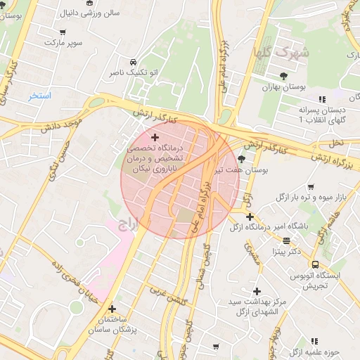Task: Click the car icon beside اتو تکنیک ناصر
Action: click(134, 62)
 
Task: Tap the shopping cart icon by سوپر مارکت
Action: click(63, 32)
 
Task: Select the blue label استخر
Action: click(40, 95)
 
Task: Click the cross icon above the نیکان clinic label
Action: click(155, 136)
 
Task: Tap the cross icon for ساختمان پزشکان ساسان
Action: click(112, 308)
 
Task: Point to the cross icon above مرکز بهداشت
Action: click(257, 291)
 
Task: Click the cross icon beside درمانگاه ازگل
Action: click(250, 217)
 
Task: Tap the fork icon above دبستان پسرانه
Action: click(322, 99)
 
